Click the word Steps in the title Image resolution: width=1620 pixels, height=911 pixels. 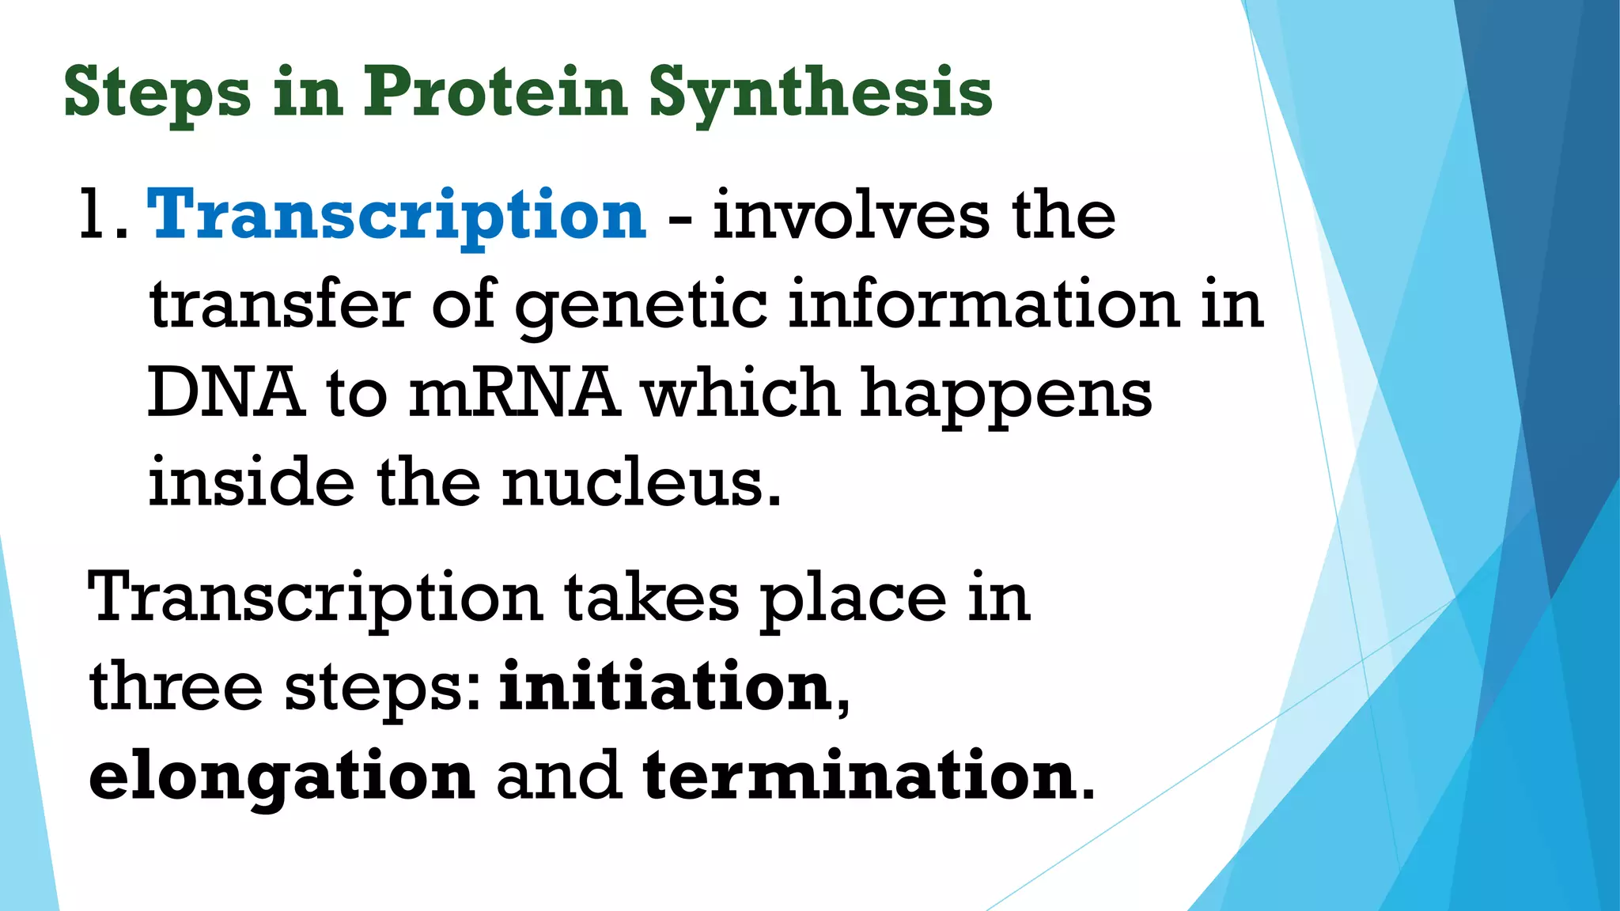tap(157, 93)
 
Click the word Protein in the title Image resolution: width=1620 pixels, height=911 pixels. tap(495, 92)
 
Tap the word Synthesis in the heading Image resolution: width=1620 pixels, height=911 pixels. tap(819, 93)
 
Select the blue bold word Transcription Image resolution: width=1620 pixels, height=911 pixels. tap(396, 216)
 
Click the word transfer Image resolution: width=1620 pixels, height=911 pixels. tap(280, 305)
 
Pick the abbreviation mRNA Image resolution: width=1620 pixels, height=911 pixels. tap(513, 393)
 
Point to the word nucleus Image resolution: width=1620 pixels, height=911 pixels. tap(641, 483)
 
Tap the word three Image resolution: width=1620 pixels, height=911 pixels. tap(176, 686)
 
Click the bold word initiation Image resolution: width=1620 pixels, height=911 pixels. tap(665, 686)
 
